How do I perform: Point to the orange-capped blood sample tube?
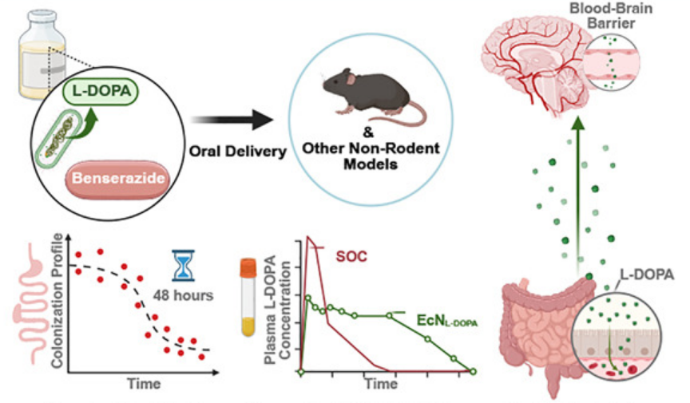[249, 299]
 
